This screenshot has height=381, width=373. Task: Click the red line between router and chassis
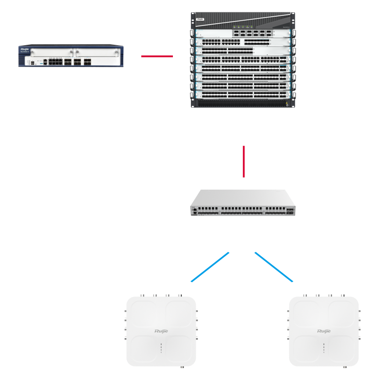point(157,56)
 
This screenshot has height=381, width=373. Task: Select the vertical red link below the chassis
point(244,162)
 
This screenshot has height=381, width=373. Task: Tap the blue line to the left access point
point(210,267)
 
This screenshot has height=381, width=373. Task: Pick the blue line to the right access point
point(273,267)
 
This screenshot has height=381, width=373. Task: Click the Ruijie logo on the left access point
point(161,331)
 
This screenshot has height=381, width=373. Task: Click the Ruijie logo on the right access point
point(323,331)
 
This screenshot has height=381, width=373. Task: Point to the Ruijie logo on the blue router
point(24,50)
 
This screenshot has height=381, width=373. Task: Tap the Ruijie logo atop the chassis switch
point(200,19)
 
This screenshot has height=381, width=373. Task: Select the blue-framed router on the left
point(71,56)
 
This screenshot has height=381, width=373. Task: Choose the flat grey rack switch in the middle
point(243,203)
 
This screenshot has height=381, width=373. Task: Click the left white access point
point(161,331)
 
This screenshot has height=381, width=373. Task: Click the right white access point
point(323,331)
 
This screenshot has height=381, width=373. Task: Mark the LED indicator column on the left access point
point(161,348)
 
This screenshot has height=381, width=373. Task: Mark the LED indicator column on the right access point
point(323,348)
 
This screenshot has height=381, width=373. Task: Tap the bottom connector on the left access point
point(183,366)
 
